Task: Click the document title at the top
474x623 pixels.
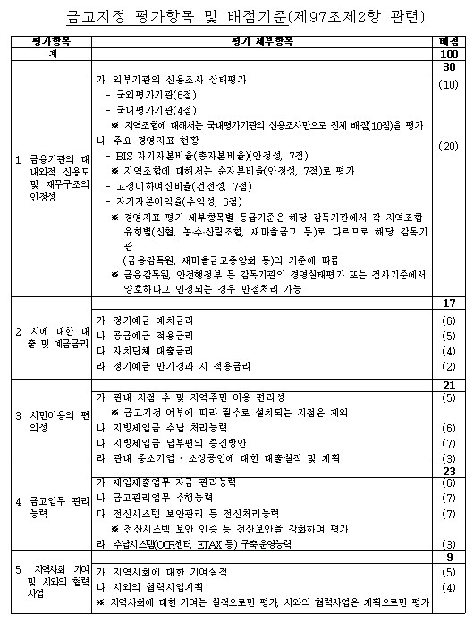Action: click(x=237, y=15)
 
